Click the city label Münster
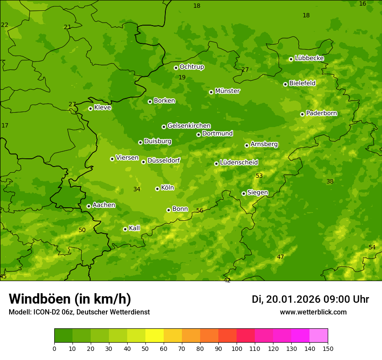coord(227,91)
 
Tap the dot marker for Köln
coord(157,189)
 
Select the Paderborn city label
coord(321,113)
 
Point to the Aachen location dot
coord(89,206)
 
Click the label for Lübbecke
coord(309,58)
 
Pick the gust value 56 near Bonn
coord(200,210)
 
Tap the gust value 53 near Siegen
coord(259,176)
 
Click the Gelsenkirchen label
coord(189,126)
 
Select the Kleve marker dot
coord(90,108)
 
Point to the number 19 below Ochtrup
coord(182,77)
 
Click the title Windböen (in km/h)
coord(70,299)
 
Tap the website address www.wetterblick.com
coord(313,312)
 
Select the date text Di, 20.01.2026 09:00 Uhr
coord(310,299)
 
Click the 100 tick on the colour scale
coord(237,348)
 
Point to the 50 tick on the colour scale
coord(145,348)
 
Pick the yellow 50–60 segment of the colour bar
coord(155,336)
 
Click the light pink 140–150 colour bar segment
coord(319,336)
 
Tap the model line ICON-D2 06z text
coord(79,312)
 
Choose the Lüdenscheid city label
coord(239,163)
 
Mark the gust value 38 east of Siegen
coord(330,181)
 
